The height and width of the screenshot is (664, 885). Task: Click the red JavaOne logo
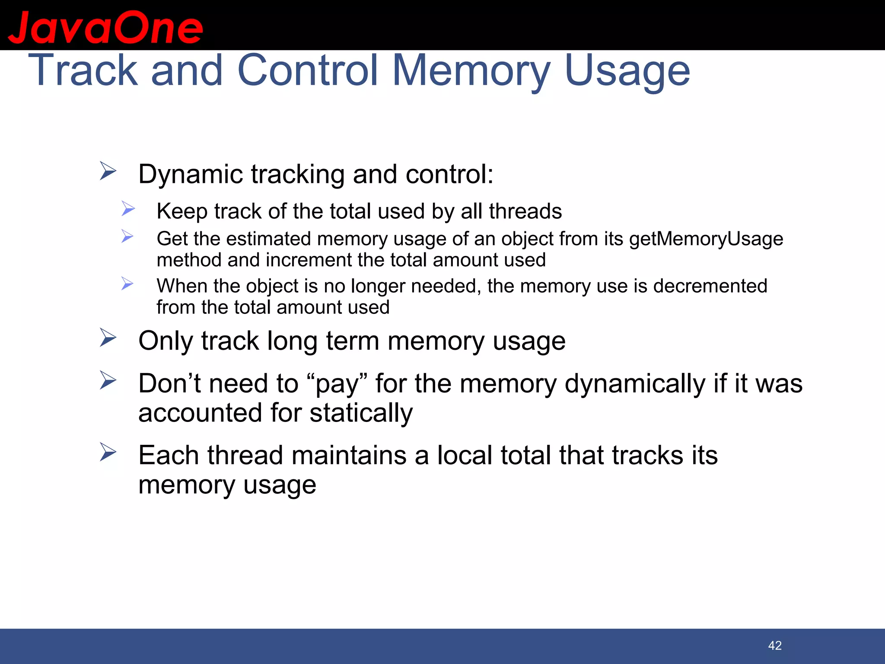click(105, 27)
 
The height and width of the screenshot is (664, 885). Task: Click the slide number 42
click(775, 645)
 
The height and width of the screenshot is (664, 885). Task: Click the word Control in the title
click(308, 70)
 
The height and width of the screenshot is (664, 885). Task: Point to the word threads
click(525, 211)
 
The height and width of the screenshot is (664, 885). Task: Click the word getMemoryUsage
click(706, 239)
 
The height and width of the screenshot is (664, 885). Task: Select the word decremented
click(710, 286)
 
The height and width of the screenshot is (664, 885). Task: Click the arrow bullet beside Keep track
click(128, 209)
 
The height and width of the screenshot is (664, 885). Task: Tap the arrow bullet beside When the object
click(127, 284)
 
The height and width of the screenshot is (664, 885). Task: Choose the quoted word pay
click(337, 384)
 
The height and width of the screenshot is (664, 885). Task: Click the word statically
click(361, 413)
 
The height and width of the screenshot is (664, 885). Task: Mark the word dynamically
click(635, 384)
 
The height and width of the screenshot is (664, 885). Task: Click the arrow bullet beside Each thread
click(108, 452)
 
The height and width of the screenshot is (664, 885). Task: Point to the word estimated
click(268, 239)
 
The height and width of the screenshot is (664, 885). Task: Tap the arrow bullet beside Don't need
click(108, 380)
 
